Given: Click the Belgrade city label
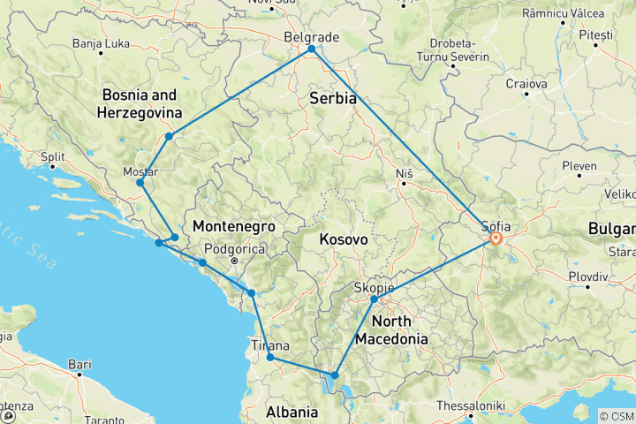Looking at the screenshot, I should point(310,37).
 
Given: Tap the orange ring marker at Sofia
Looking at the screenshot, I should point(496,238).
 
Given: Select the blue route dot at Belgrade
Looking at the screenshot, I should point(312,49).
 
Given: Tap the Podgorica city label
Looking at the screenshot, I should point(236,249).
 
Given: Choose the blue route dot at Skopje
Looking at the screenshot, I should point(375,299).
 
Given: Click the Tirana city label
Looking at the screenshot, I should point(269,344).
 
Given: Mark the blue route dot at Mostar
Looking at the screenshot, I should point(140,183).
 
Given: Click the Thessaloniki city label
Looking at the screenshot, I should point(470,405).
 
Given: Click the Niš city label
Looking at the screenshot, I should point(405,172).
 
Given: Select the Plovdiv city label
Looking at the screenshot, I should point(588,276).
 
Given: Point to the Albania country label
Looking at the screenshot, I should point(292,412).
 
